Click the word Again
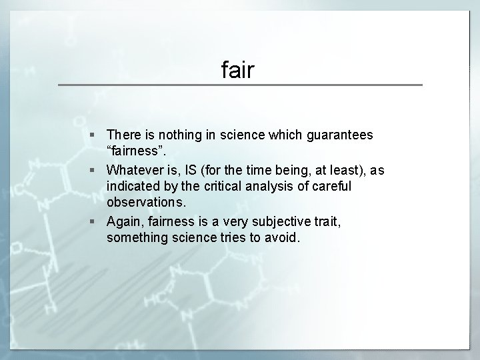[124, 222]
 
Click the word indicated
[133, 187]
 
